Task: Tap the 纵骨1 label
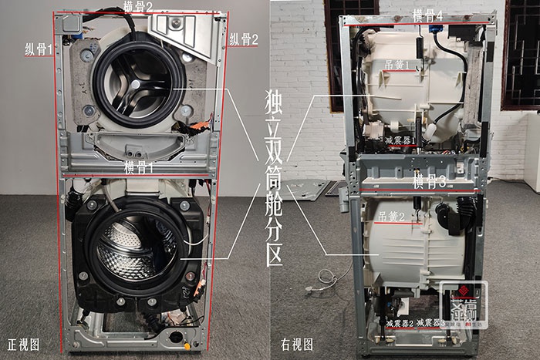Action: coord(38,49)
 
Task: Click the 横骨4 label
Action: coord(427,15)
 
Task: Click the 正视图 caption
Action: coord(22,344)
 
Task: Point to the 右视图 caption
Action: coord(296,344)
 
